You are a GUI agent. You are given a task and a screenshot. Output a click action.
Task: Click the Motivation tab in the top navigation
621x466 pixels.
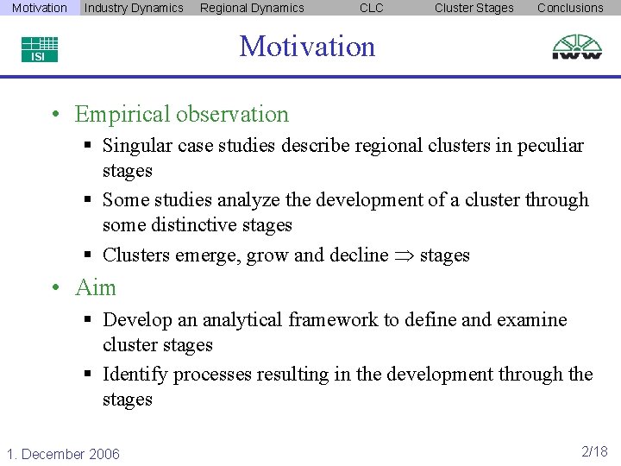40,8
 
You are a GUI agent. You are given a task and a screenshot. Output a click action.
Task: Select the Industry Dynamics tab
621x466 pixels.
134,8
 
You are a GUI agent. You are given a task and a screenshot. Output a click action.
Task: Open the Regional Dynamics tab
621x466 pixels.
252,8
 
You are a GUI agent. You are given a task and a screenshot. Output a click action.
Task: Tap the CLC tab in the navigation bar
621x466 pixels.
372,8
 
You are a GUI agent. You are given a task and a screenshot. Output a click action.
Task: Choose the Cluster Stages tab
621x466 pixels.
474,8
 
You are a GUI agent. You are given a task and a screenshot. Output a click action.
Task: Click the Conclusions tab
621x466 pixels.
570,8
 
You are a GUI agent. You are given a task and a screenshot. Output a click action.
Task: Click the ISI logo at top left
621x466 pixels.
40,48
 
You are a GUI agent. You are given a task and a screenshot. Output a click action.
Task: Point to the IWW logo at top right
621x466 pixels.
577,47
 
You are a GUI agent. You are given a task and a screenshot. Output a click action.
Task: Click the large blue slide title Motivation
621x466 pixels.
307,46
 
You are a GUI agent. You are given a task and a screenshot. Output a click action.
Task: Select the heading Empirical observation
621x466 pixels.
181,114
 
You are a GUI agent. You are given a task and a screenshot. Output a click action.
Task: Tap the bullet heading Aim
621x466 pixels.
95,287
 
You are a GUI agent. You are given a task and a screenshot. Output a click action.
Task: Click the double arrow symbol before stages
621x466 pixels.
404,255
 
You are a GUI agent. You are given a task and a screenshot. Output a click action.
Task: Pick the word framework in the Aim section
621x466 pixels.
333,320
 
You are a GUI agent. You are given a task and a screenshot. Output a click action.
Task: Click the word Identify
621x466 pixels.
136,375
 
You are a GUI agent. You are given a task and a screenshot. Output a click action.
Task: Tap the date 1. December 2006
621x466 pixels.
63,454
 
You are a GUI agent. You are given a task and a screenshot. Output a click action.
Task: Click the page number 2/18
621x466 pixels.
594,452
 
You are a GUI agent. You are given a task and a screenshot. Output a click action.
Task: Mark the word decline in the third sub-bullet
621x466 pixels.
358,255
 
